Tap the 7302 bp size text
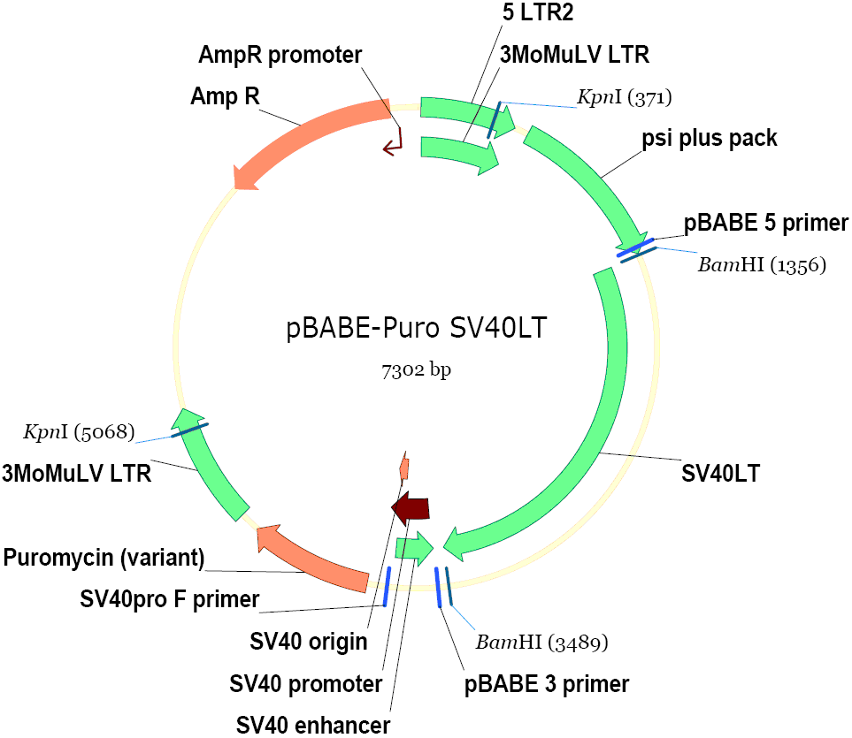(416, 370)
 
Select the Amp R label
(225, 95)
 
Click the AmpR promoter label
(279, 55)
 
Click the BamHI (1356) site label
(762, 264)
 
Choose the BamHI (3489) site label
(541, 641)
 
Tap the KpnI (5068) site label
(79, 432)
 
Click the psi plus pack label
(710, 139)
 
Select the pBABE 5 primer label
(766, 222)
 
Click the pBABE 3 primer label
(547, 683)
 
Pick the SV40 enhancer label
(313, 726)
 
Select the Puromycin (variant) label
(104, 558)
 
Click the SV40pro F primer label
(169, 599)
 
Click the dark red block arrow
(411, 508)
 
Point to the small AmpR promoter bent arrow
(393, 143)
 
